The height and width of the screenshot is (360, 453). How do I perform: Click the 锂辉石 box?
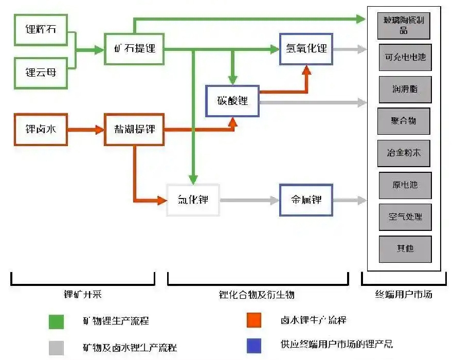41,29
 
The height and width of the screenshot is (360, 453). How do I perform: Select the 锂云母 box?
41,73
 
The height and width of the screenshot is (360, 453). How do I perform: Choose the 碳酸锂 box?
232,101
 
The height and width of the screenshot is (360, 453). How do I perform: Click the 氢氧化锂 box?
306,49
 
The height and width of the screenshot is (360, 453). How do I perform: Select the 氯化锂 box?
193,200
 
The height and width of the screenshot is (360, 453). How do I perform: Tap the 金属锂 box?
306,200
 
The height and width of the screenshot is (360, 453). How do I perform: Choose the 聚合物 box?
404,121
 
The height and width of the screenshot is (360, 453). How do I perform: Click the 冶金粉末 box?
404,153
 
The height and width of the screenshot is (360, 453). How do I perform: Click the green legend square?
56,321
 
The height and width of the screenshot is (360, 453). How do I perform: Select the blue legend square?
254,346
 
